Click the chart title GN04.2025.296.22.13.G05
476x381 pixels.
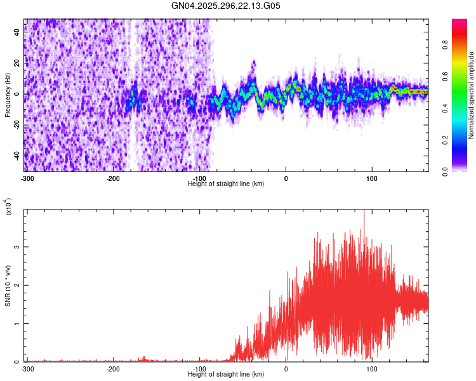click(x=226, y=6)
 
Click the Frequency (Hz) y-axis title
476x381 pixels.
click(x=8, y=95)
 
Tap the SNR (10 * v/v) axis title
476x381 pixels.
click(x=8, y=286)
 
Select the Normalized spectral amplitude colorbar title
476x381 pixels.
click(x=472, y=95)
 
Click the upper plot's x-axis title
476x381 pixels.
click(x=226, y=184)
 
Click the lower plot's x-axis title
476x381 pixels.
click(x=226, y=374)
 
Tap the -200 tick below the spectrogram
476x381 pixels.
click(x=113, y=178)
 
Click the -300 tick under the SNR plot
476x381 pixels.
click(x=27, y=368)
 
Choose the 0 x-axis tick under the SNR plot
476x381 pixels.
click(x=286, y=368)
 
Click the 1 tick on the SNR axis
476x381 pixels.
click(x=18, y=323)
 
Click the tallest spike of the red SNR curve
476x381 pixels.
click(x=364, y=212)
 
